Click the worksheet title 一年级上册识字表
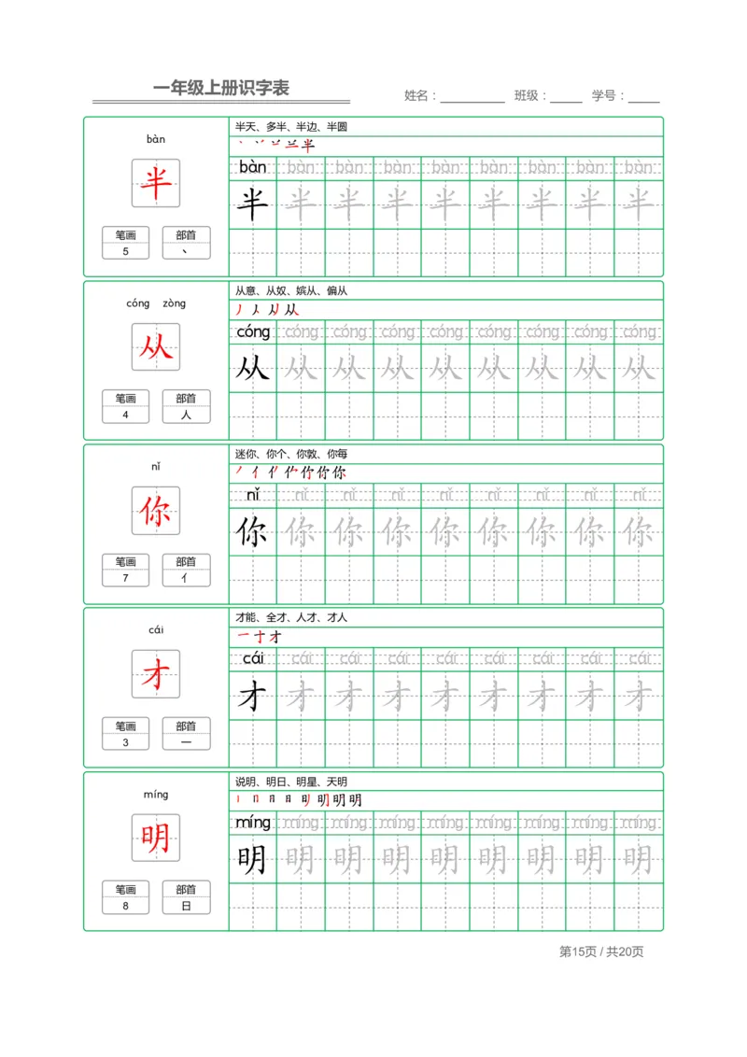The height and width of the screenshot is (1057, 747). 221,89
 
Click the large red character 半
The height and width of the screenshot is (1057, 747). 156,183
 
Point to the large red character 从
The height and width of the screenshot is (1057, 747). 156,346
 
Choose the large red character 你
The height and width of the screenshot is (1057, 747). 156,511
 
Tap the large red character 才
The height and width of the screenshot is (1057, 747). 156,674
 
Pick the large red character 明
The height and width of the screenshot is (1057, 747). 156,839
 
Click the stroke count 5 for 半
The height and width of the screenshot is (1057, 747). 126,251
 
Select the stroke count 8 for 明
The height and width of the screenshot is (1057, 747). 126,906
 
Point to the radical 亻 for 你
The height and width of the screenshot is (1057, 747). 186,578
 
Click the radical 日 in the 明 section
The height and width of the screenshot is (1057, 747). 186,906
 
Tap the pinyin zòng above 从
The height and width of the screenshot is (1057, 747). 174,303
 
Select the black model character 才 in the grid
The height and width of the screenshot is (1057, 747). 252,696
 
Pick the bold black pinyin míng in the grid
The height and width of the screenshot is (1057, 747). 252,823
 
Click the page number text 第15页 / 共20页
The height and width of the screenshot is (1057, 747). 601,951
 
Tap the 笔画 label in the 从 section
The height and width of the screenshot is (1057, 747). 126,399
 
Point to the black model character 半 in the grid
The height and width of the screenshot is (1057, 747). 252,204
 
